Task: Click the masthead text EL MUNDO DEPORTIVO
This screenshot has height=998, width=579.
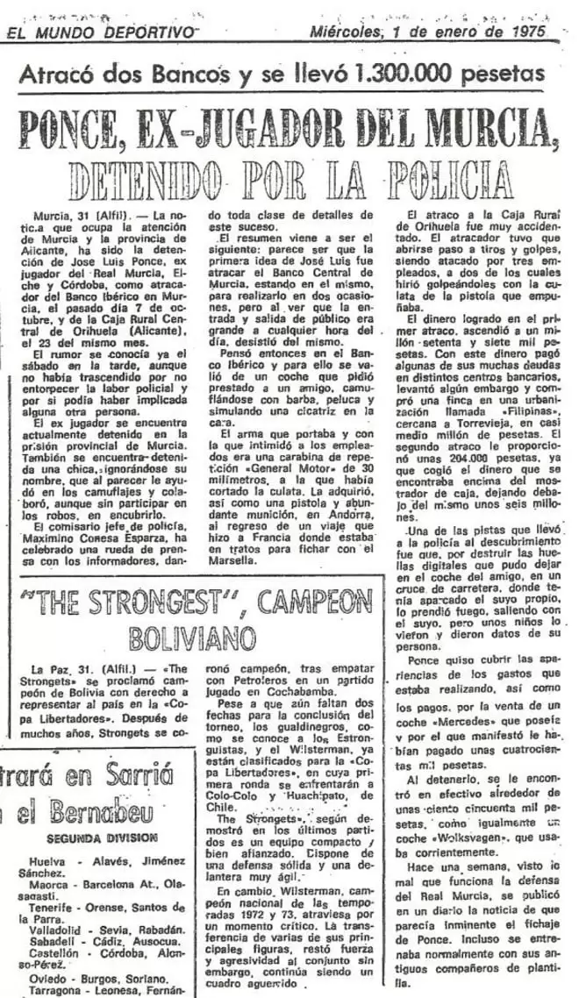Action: point(101,32)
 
